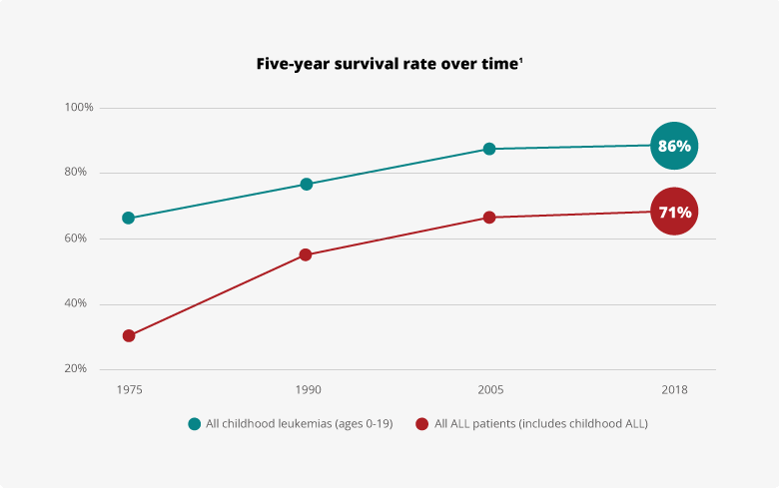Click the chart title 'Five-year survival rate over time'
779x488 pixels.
[389, 64]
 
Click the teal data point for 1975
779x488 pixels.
[129, 218]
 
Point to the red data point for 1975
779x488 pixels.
[129, 335]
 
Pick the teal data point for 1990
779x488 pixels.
[307, 184]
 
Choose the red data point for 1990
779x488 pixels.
[306, 254]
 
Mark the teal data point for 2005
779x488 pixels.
[489, 149]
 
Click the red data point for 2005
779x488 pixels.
[489, 217]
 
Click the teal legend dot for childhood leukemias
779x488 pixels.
[195, 424]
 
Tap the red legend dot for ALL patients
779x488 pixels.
[421, 424]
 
